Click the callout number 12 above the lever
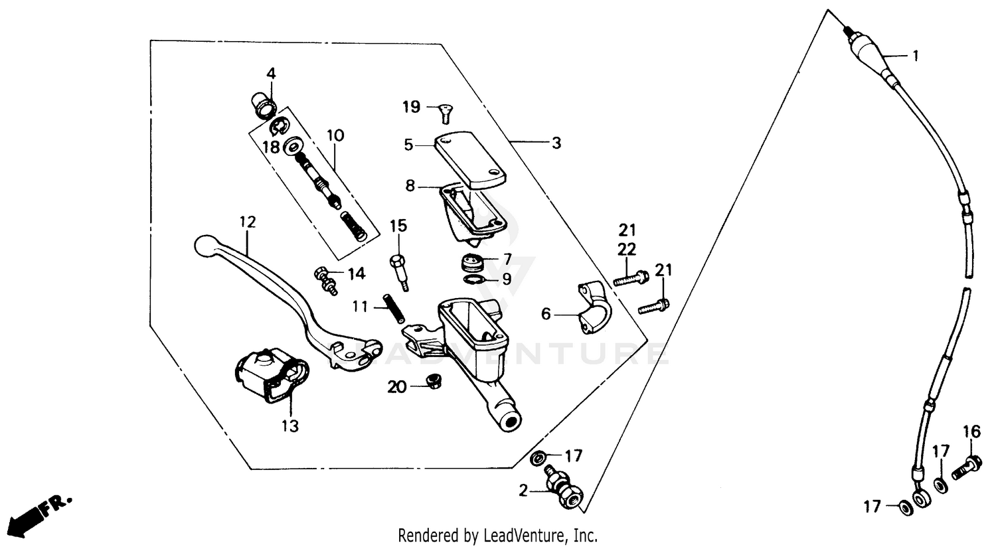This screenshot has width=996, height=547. coord(248,222)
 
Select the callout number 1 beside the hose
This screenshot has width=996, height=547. coord(916,56)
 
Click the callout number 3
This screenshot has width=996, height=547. coord(556,143)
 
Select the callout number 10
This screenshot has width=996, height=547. coord(335,136)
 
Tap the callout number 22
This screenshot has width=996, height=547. coord(627,249)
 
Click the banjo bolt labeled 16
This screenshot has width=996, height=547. coord(969,466)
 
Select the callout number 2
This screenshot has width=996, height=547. coord(523,491)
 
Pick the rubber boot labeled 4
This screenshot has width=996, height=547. coord(264,103)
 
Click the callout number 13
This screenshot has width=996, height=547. coord(290,426)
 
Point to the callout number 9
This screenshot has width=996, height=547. coord(507,279)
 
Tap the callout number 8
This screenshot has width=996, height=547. coord(410,186)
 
